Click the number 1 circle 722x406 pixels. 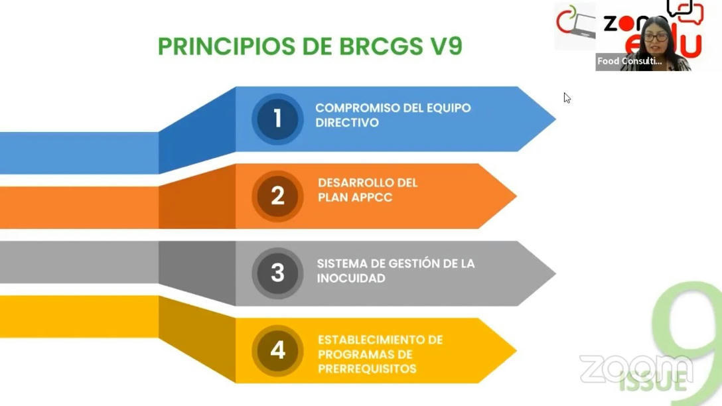pos(277,119)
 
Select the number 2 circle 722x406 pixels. pos(277,196)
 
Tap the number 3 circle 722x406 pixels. pos(277,273)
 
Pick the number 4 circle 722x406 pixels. pos(277,350)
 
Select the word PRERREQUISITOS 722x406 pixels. pos(367,369)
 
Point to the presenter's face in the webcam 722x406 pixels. pos(656,36)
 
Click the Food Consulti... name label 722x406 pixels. pos(629,61)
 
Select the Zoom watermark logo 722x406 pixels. pos(635,369)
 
